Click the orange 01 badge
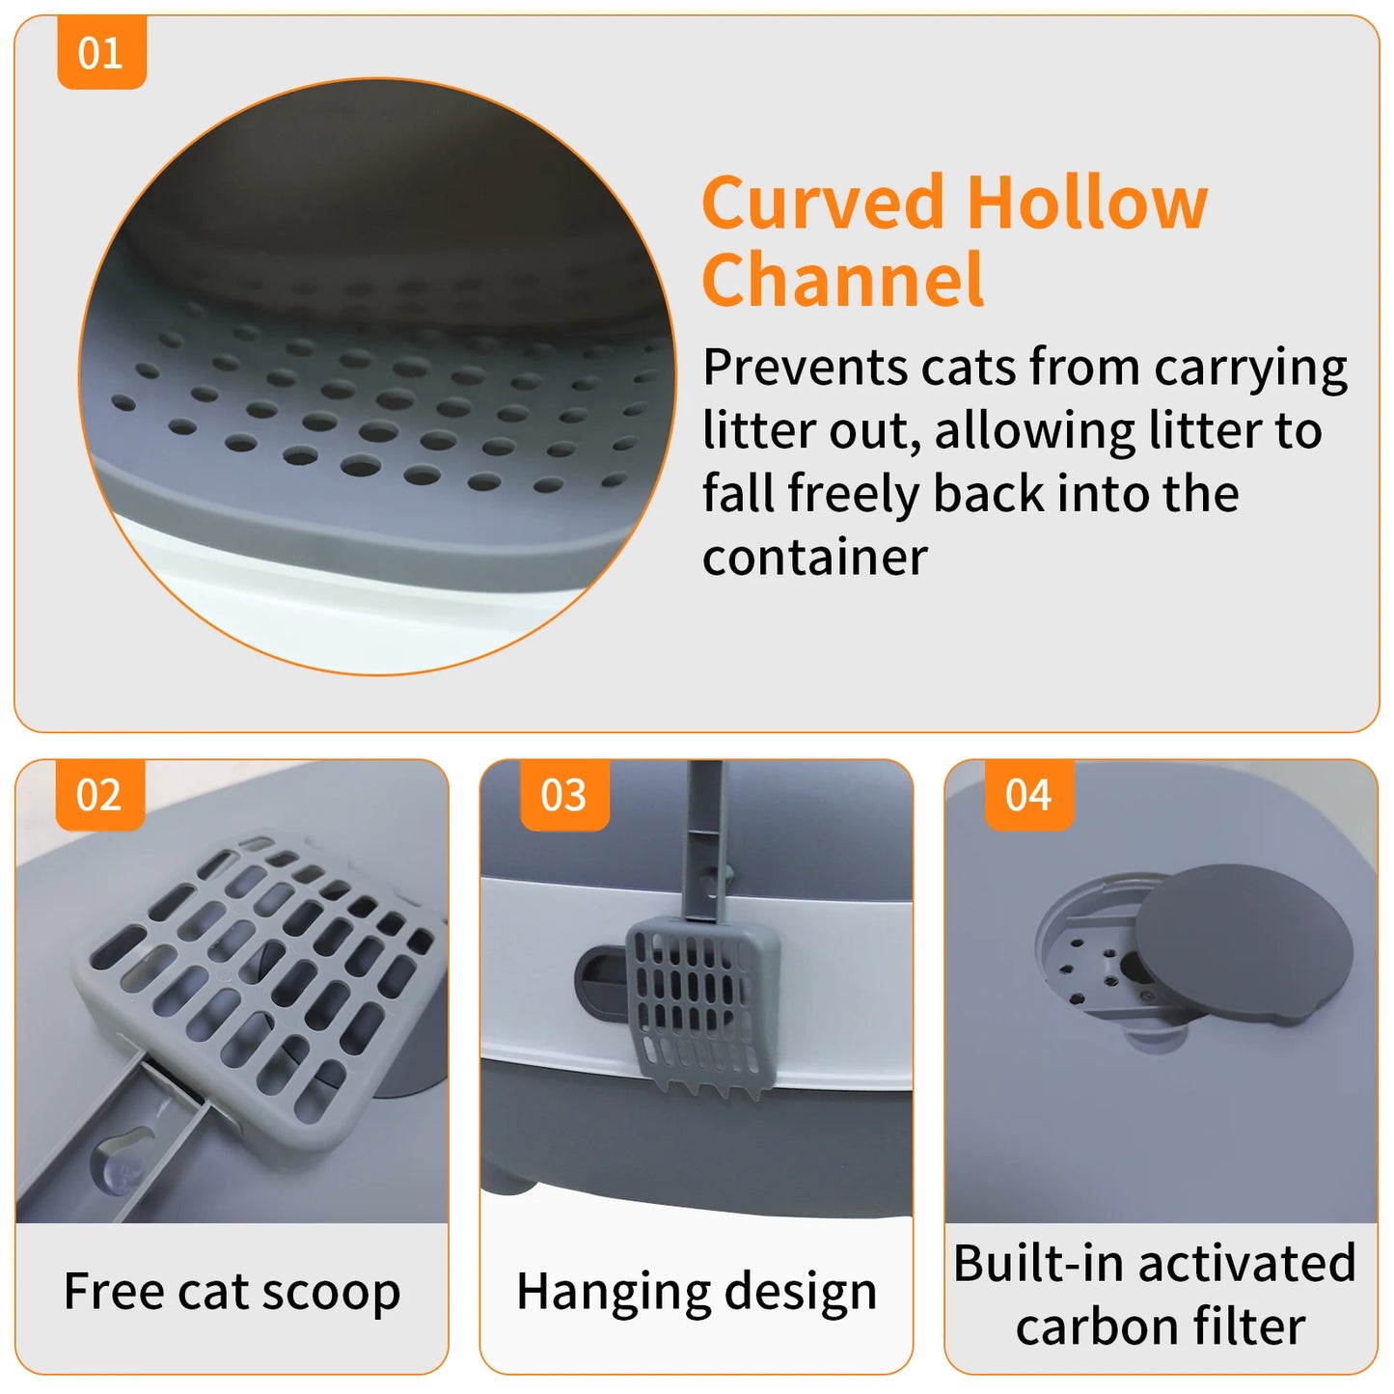101,53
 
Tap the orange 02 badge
99,795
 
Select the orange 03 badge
564,795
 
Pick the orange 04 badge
1028,795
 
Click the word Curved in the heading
823,203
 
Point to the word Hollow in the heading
1087,203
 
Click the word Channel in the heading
843,280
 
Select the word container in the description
815,558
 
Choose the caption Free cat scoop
232,1291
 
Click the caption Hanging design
697,1291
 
